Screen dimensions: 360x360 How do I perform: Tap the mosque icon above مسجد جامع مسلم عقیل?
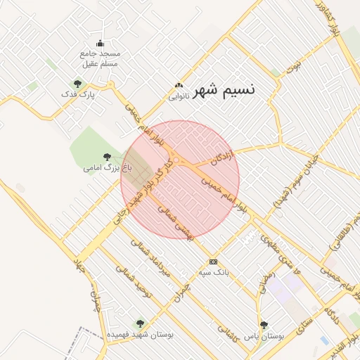tap(100, 43)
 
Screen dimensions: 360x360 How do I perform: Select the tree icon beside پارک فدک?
tap(77, 84)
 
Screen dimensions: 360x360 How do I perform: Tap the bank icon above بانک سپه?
tap(214, 262)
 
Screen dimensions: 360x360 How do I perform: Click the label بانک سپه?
tap(214, 271)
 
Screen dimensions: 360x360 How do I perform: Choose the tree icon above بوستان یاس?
tap(264, 325)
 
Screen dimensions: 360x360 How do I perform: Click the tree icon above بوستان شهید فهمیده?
tap(139, 324)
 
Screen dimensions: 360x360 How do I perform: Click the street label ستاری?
tap(304, 322)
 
